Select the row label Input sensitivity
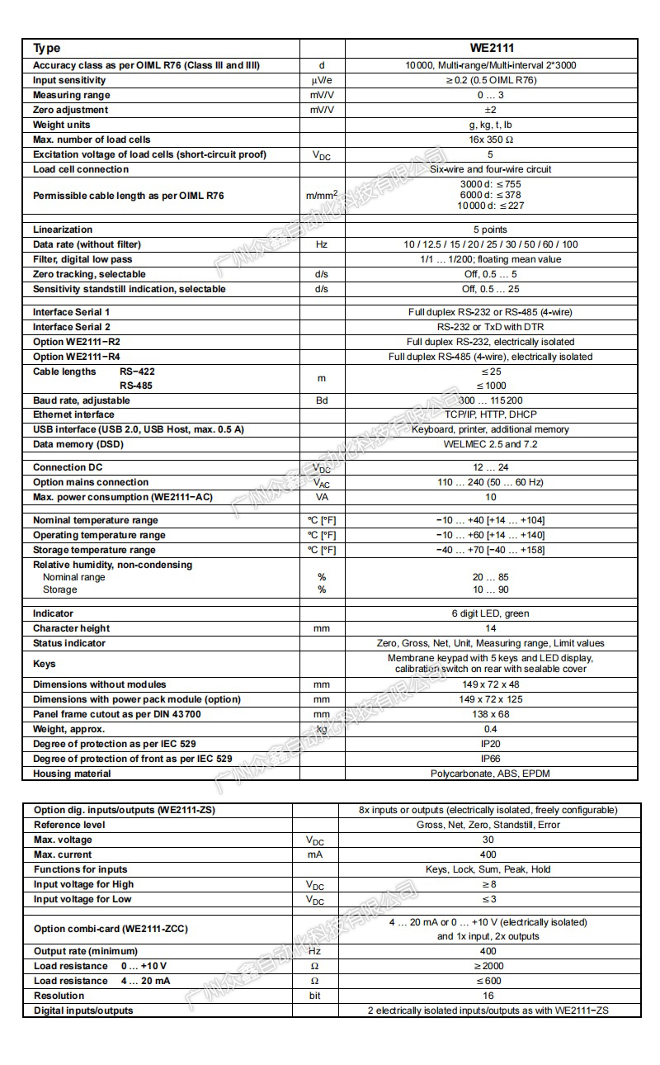[x=69, y=80]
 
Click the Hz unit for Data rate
[x=322, y=244]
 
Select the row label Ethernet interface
[x=73, y=414]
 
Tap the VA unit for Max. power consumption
[x=322, y=497]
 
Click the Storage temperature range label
[x=94, y=550]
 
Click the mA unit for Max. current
[x=315, y=854]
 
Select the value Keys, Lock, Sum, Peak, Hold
[x=488, y=869]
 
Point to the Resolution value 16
[x=488, y=996]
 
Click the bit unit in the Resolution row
[x=315, y=996]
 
